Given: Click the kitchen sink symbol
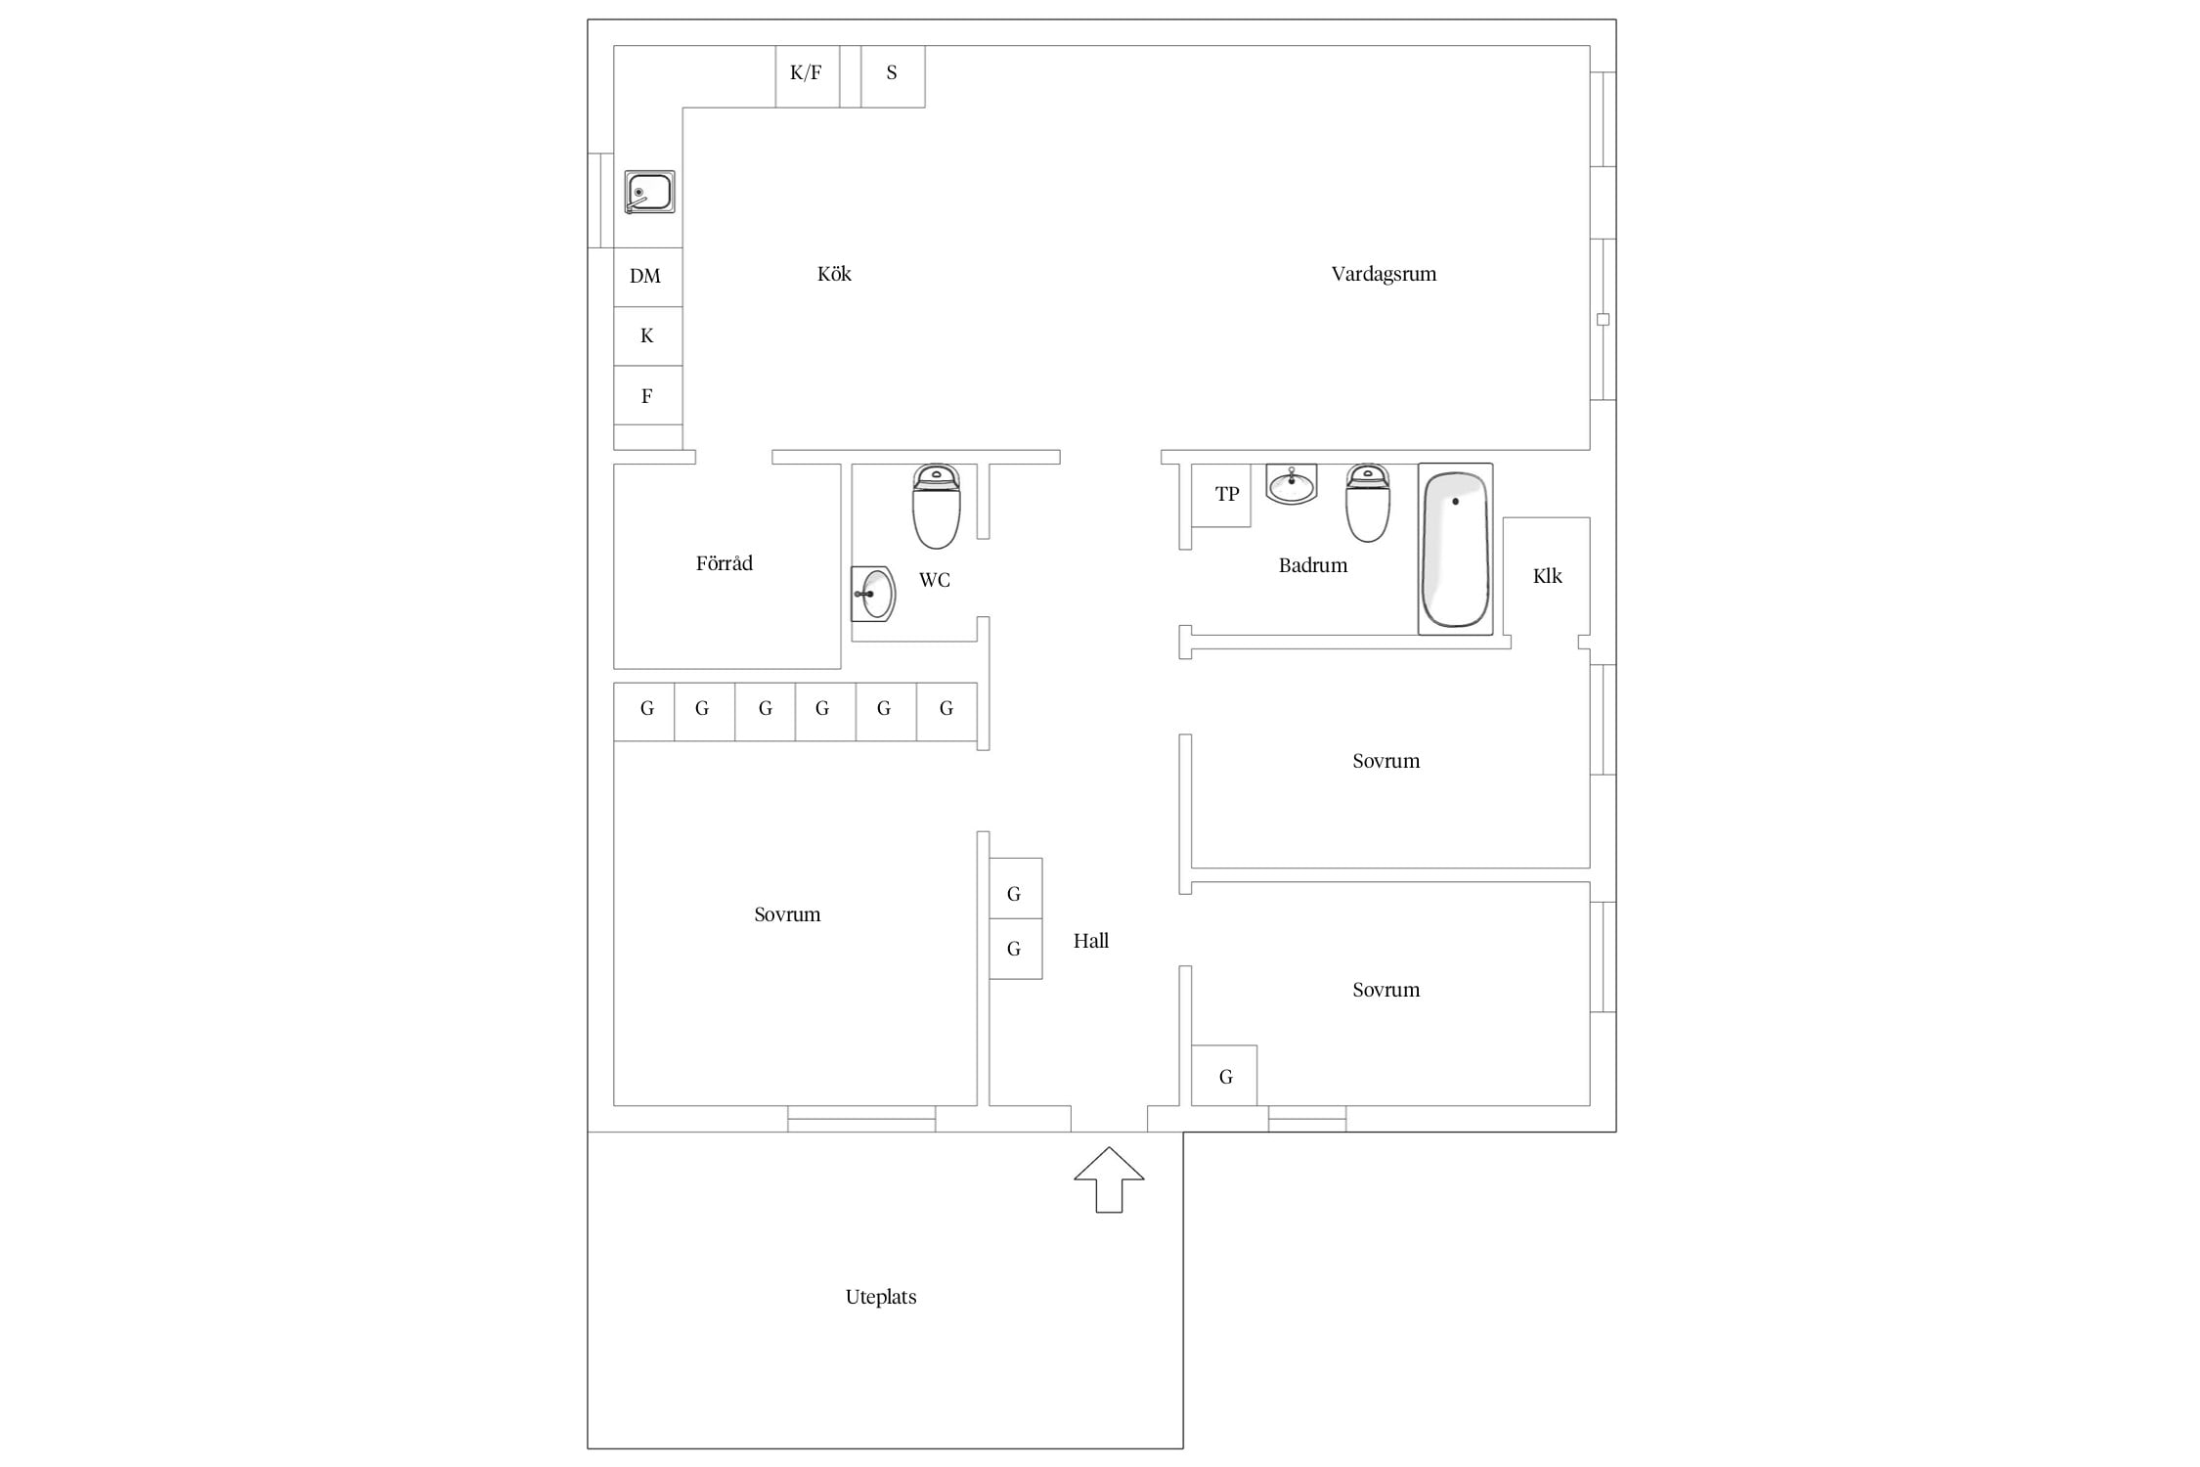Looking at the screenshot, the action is pos(649,192).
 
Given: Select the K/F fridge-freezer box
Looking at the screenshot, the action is pos(807,76).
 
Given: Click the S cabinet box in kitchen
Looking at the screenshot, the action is pos(893,76).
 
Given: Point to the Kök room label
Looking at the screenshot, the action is pos(834,274).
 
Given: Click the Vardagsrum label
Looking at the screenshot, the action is pos(1384,274).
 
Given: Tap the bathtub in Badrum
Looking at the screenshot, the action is pos(1455,549).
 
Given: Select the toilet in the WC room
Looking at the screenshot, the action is pos(937,507).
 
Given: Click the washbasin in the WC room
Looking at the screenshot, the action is pos(873,594).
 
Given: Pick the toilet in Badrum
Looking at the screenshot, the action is pos(1368,503).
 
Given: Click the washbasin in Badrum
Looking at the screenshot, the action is pos(1292,484).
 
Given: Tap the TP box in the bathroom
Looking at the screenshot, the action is pos(1221,495).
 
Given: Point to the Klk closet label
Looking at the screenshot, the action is pos(1547,576).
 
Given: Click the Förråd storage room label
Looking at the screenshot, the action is pos(725,563).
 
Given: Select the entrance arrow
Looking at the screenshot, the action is pos(1109,1179).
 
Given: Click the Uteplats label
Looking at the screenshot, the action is pos(881,1297).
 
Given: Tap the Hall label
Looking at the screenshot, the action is pos(1091,941).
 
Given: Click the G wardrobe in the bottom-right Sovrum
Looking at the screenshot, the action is pos(1224,1076).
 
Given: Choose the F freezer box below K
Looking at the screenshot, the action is pos(647,395).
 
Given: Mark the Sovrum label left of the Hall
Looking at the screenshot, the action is pos(787,914).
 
